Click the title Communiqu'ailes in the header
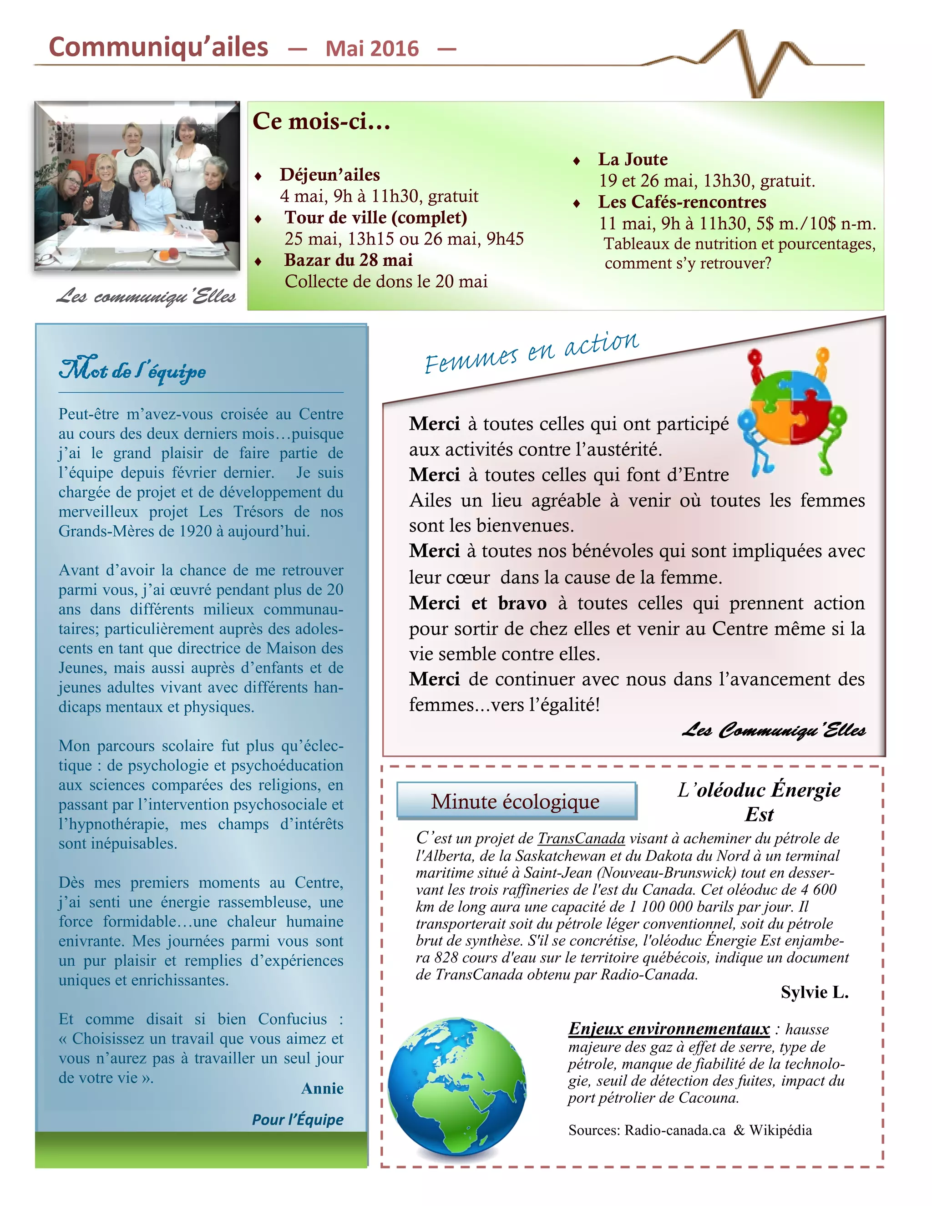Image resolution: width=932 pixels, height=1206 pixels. pos(158,47)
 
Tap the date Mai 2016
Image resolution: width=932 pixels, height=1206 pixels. pos(372,49)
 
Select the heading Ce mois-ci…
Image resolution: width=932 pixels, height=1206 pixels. pos(321,122)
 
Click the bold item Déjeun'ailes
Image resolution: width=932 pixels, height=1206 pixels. pos(329,174)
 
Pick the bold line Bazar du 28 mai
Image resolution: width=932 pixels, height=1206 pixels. pos(349,260)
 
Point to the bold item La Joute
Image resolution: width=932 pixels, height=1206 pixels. pos(633,160)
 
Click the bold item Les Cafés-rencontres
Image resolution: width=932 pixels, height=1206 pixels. pos(682,202)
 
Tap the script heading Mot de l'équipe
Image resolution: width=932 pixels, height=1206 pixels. pos(132,370)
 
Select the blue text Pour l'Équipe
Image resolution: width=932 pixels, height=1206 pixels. pos(298,1120)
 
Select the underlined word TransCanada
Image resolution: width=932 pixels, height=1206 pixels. pos(582,838)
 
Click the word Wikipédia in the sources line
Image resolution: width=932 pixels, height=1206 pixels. pos(780,1130)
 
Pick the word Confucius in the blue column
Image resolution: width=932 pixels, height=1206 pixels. pos(293,1019)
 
